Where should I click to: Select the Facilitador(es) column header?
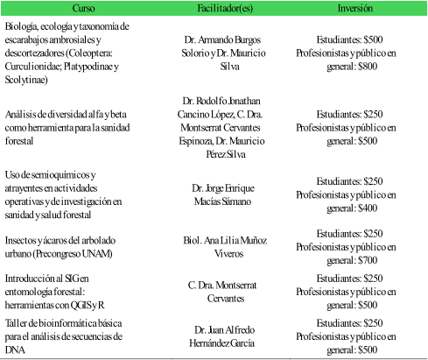214,8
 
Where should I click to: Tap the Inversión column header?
355,8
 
